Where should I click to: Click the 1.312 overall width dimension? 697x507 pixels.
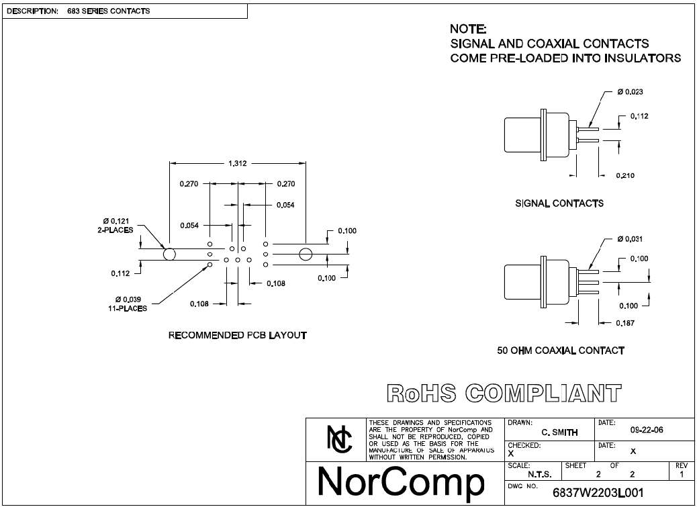point(238,164)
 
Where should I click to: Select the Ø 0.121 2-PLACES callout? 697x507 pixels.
point(115,225)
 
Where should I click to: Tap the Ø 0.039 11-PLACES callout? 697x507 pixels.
point(127,304)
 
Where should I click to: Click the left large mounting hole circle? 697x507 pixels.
point(169,255)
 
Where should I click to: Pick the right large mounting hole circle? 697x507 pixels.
point(306,255)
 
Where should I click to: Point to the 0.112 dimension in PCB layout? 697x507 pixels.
point(120,273)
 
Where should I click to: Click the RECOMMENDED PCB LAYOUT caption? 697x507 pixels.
point(238,335)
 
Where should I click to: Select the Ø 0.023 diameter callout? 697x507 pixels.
point(630,92)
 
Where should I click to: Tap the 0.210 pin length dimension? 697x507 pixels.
point(625,175)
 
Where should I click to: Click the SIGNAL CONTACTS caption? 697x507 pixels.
point(559,203)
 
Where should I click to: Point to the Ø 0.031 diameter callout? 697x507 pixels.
point(630,239)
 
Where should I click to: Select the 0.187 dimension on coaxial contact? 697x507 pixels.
point(625,323)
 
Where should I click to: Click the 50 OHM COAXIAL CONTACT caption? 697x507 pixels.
point(561,351)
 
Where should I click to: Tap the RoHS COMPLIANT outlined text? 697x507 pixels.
point(504,394)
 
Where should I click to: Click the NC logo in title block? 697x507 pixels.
point(339,439)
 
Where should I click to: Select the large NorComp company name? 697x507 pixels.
point(401,483)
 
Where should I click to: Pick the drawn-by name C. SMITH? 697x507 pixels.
point(559,432)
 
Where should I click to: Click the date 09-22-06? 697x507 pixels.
point(647,430)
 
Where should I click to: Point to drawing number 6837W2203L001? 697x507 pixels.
point(598,493)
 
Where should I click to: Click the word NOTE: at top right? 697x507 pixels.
point(468,29)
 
